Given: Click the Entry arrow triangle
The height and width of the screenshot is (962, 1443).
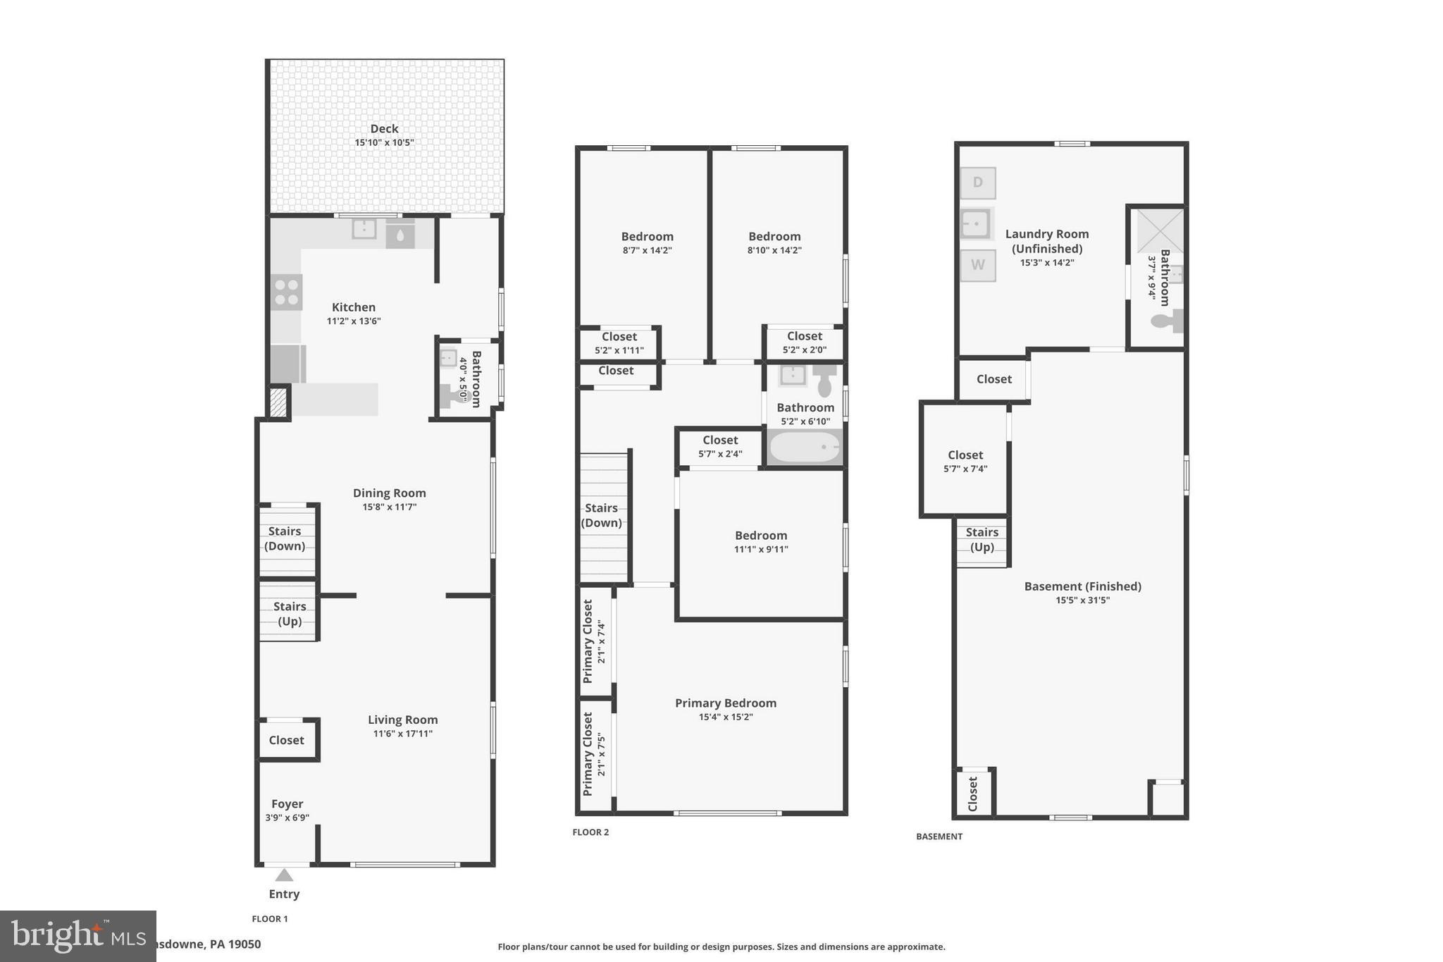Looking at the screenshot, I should coord(284,875).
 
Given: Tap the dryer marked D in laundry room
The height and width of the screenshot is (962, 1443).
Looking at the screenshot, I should coord(978,183).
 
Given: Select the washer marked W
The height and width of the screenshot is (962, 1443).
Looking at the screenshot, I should coord(978,265).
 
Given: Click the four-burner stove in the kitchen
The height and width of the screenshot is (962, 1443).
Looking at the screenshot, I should coord(287,292).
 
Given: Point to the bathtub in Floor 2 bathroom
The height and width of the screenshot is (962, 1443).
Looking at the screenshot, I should coord(805,448).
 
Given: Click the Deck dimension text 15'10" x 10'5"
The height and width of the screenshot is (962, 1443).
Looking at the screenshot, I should coord(384,142).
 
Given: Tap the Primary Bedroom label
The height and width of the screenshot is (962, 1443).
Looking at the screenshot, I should coord(726,703).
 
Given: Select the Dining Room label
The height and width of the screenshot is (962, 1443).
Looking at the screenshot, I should coord(389,493).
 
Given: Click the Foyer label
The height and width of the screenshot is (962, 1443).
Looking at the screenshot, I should coord(287,803).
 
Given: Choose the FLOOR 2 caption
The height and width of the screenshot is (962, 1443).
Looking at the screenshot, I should coord(590,832).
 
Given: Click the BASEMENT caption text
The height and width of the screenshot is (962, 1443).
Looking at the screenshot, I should coord(939,837).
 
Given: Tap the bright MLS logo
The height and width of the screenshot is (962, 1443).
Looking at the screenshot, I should coord(78,936).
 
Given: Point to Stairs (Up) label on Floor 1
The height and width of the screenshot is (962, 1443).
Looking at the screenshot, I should coord(290,614).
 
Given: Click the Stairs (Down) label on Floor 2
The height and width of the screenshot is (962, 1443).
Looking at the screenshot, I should coord(601,515).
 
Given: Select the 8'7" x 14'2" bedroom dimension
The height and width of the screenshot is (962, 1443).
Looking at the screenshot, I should coord(647,250).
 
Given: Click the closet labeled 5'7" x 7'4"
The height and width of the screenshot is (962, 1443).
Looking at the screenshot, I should coord(965,461).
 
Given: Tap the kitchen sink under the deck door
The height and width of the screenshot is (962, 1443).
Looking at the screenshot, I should coord(364,229).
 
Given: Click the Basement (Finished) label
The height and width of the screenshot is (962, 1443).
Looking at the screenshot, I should coord(1082,586).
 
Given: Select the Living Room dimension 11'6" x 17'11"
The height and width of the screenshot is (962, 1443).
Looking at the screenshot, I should coord(402,734).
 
